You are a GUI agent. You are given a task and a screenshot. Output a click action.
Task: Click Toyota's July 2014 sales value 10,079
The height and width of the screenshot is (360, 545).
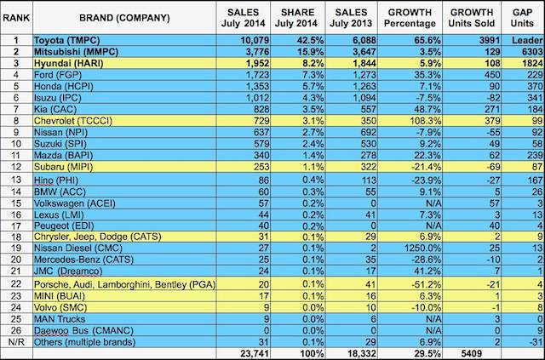(238, 39)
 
